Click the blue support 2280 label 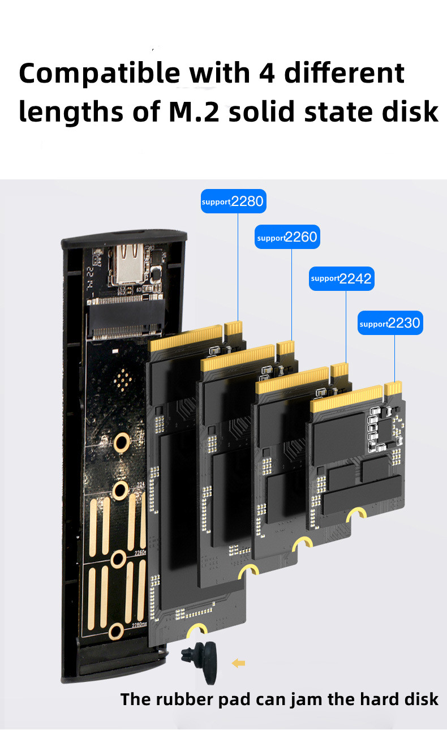click(233, 201)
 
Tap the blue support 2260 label click(287, 237)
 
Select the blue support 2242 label click(341, 278)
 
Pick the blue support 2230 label click(390, 323)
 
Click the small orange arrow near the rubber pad click(238, 663)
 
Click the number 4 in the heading click(266, 74)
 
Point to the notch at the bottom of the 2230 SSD click(357, 514)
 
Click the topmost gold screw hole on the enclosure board click(121, 442)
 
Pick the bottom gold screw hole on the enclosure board click(117, 632)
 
